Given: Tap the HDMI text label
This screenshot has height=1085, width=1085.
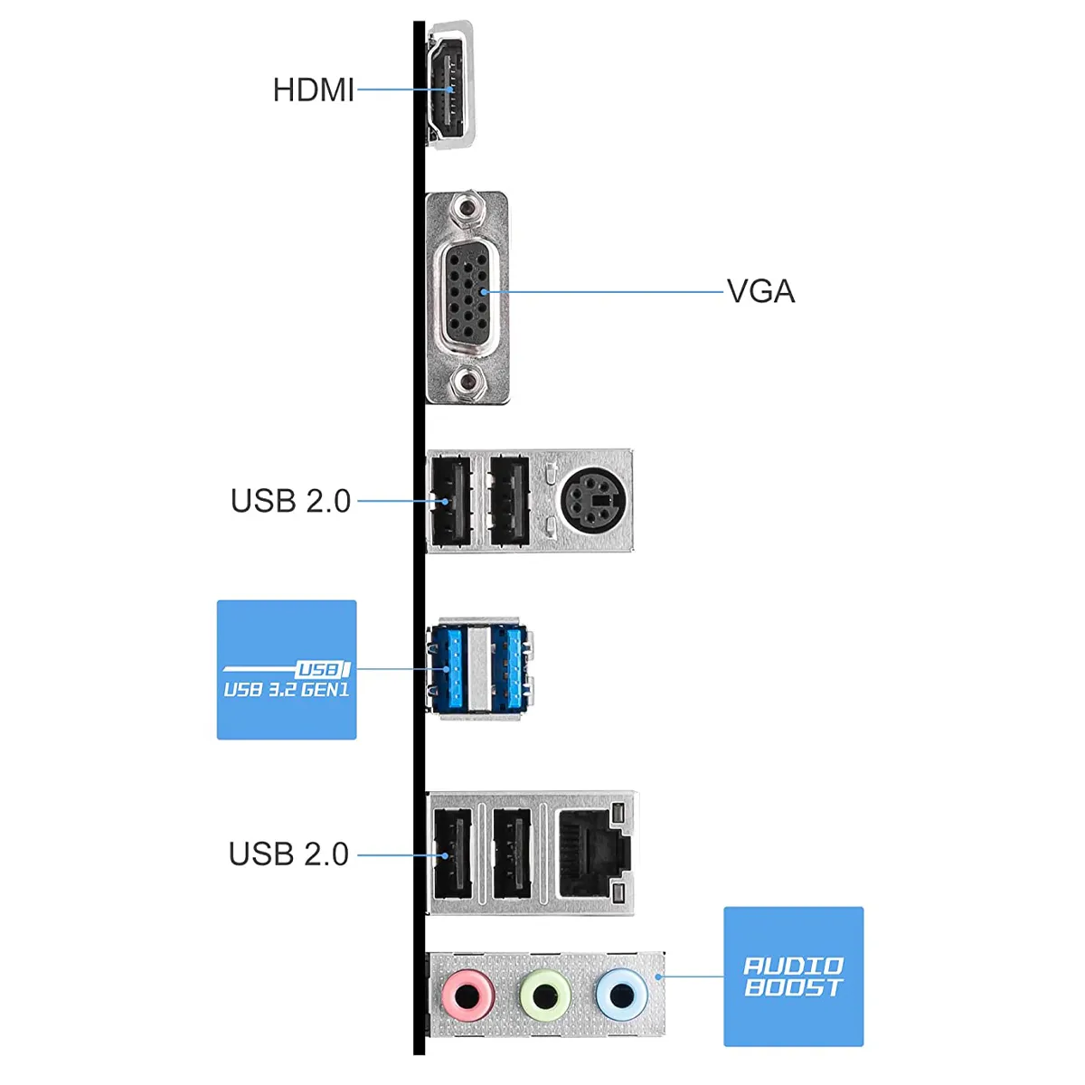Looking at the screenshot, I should coord(313,90).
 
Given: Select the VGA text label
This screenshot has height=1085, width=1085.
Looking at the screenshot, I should coord(760,291).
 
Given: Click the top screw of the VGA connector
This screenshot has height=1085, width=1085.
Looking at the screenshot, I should coord(467,211).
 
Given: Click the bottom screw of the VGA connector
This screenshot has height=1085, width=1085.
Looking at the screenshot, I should coord(467,382).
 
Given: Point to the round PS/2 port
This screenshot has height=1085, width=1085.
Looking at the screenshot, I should coord(591,500).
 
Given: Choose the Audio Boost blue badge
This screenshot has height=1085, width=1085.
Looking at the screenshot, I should coord(793,976).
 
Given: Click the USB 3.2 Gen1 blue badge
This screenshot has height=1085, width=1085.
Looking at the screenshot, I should coord(287,670).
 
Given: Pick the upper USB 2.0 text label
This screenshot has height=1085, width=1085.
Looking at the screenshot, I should coord(290,500).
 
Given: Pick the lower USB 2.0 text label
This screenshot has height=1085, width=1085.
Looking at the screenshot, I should coord(288,854).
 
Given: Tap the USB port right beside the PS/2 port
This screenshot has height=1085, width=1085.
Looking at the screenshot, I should coord(508,500).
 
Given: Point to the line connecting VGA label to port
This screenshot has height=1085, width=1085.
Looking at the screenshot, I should coord(606,292).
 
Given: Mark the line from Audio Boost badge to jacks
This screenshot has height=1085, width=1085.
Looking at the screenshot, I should coord(692,976).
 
